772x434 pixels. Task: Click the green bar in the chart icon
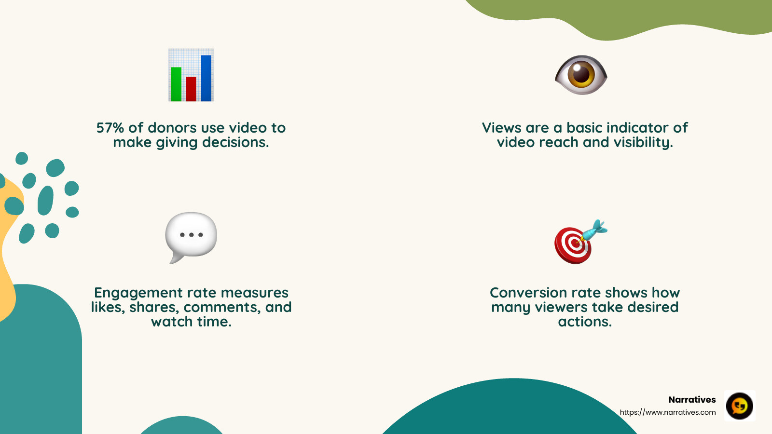coord(176,84)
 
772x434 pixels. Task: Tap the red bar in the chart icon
coord(191,89)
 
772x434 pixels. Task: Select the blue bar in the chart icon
coord(206,78)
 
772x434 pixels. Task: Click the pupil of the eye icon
coord(581,74)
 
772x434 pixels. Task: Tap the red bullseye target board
coord(573,245)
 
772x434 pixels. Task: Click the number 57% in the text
coord(110,128)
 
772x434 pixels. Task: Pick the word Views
coord(502,128)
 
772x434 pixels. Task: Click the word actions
coord(585,322)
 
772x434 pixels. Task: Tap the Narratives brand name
coord(692,400)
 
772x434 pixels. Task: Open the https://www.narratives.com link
coord(668,412)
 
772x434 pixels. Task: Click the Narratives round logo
coord(740,406)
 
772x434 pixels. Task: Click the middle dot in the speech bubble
coord(192,235)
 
